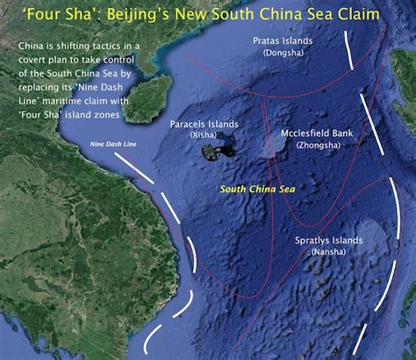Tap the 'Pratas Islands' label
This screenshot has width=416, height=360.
[x=283, y=41]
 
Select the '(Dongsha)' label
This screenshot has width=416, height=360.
[x=283, y=53]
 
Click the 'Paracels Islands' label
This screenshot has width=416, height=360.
[x=203, y=124]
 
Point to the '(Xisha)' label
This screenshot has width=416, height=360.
[x=203, y=135]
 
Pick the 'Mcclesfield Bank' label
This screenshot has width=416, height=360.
[x=318, y=133]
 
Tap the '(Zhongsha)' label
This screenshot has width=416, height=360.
[x=318, y=144]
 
